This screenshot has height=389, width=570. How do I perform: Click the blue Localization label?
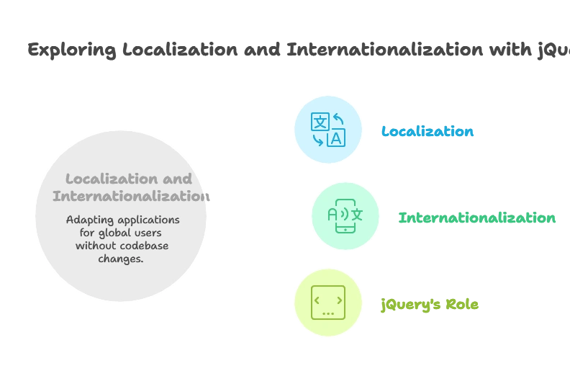coord(427,132)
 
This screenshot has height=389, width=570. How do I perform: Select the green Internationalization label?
coord(477,218)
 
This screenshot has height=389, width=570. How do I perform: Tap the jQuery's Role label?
coord(430,304)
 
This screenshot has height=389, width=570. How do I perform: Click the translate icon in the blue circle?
coord(327,130)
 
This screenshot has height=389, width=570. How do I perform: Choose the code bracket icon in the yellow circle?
coord(327,303)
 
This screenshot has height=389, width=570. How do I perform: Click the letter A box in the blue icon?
coord(335,139)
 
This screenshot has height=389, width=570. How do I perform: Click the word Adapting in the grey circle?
coord(90,220)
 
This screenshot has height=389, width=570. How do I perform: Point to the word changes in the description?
coord(121,259)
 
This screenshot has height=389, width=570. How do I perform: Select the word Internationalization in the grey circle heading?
coord(130,196)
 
